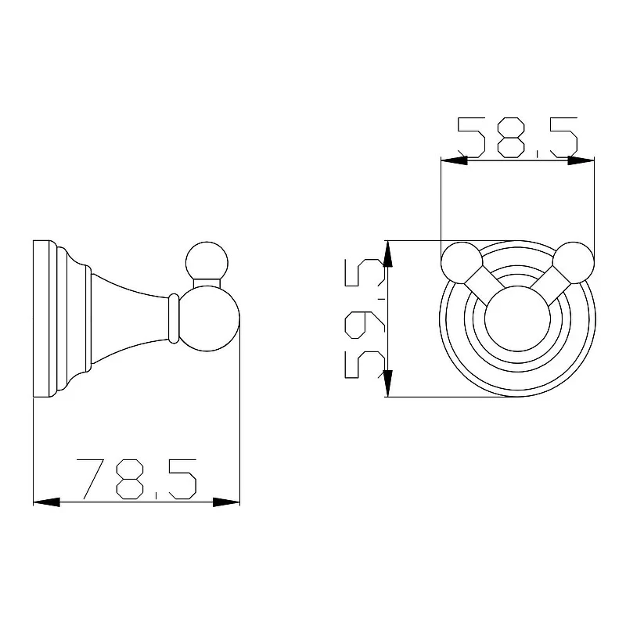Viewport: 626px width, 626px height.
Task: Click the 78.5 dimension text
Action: [x=136, y=479]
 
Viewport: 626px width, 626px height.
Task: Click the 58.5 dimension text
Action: [x=517, y=138]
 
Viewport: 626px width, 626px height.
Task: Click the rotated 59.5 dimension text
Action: [x=365, y=318]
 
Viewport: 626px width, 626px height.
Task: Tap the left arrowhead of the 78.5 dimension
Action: [x=46, y=502]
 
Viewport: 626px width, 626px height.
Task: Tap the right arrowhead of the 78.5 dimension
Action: [x=226, y=502]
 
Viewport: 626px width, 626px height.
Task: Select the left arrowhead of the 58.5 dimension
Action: [x=454, y=160]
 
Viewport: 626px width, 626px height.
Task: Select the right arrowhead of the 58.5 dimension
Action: [x=581, y=160]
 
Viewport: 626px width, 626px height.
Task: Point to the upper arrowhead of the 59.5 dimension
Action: [x=387, y=254]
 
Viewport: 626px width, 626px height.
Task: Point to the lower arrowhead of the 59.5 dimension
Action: [x=387, y=383]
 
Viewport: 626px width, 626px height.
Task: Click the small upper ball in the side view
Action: [x=207, y=262]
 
